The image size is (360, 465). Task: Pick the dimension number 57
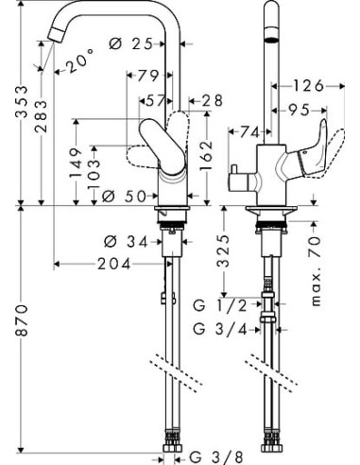tap(152, 99)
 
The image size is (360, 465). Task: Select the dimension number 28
tap(211, 99)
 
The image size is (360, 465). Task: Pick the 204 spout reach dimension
tap(113, 265)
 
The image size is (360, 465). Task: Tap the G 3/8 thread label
tap(210, 452)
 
